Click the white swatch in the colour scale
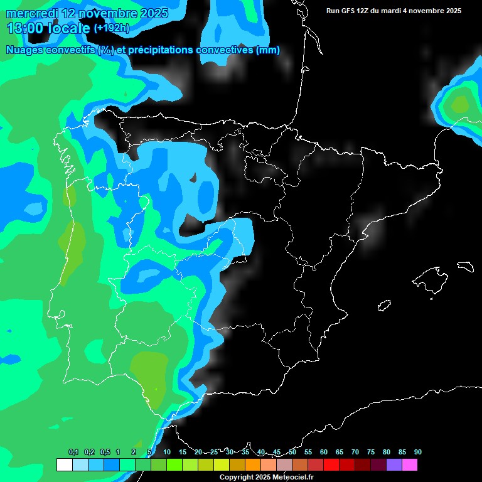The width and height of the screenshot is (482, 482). (x=64, y=465)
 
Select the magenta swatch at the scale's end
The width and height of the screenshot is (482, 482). (x=410, y=465)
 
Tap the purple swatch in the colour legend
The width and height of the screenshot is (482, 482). (x=394, y=465)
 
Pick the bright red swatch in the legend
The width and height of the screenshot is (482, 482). (x=331, y=465)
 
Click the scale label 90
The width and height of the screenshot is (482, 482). (x=417, y=452)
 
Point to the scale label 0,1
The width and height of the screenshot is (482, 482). (x=73, y=452)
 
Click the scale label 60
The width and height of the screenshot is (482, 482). (x=323, y=452)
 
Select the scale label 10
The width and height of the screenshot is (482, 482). (x=167, y=452)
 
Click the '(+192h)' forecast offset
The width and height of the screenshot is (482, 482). (x=112, y=28)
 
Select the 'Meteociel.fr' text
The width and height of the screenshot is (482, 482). (x=292, y=477)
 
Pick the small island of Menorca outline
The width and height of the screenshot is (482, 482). (x=464, y=266)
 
